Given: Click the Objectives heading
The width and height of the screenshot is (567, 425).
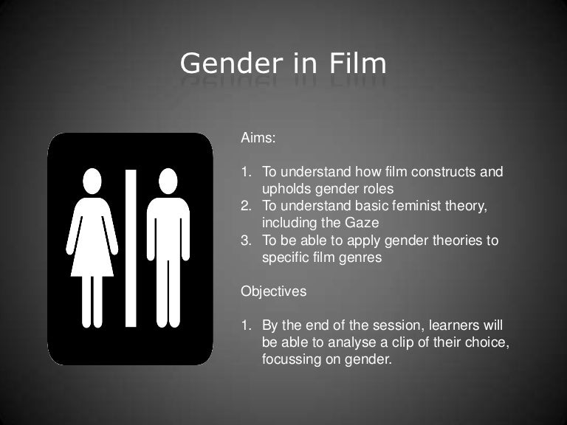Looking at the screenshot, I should tap(273, 291).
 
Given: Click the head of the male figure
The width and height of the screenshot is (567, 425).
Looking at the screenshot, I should tap(169, 181).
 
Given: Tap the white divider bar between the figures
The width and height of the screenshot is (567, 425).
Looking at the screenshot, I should tap(131, 247).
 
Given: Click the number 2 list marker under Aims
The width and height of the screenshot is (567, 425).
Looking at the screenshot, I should tap(246, 207).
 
